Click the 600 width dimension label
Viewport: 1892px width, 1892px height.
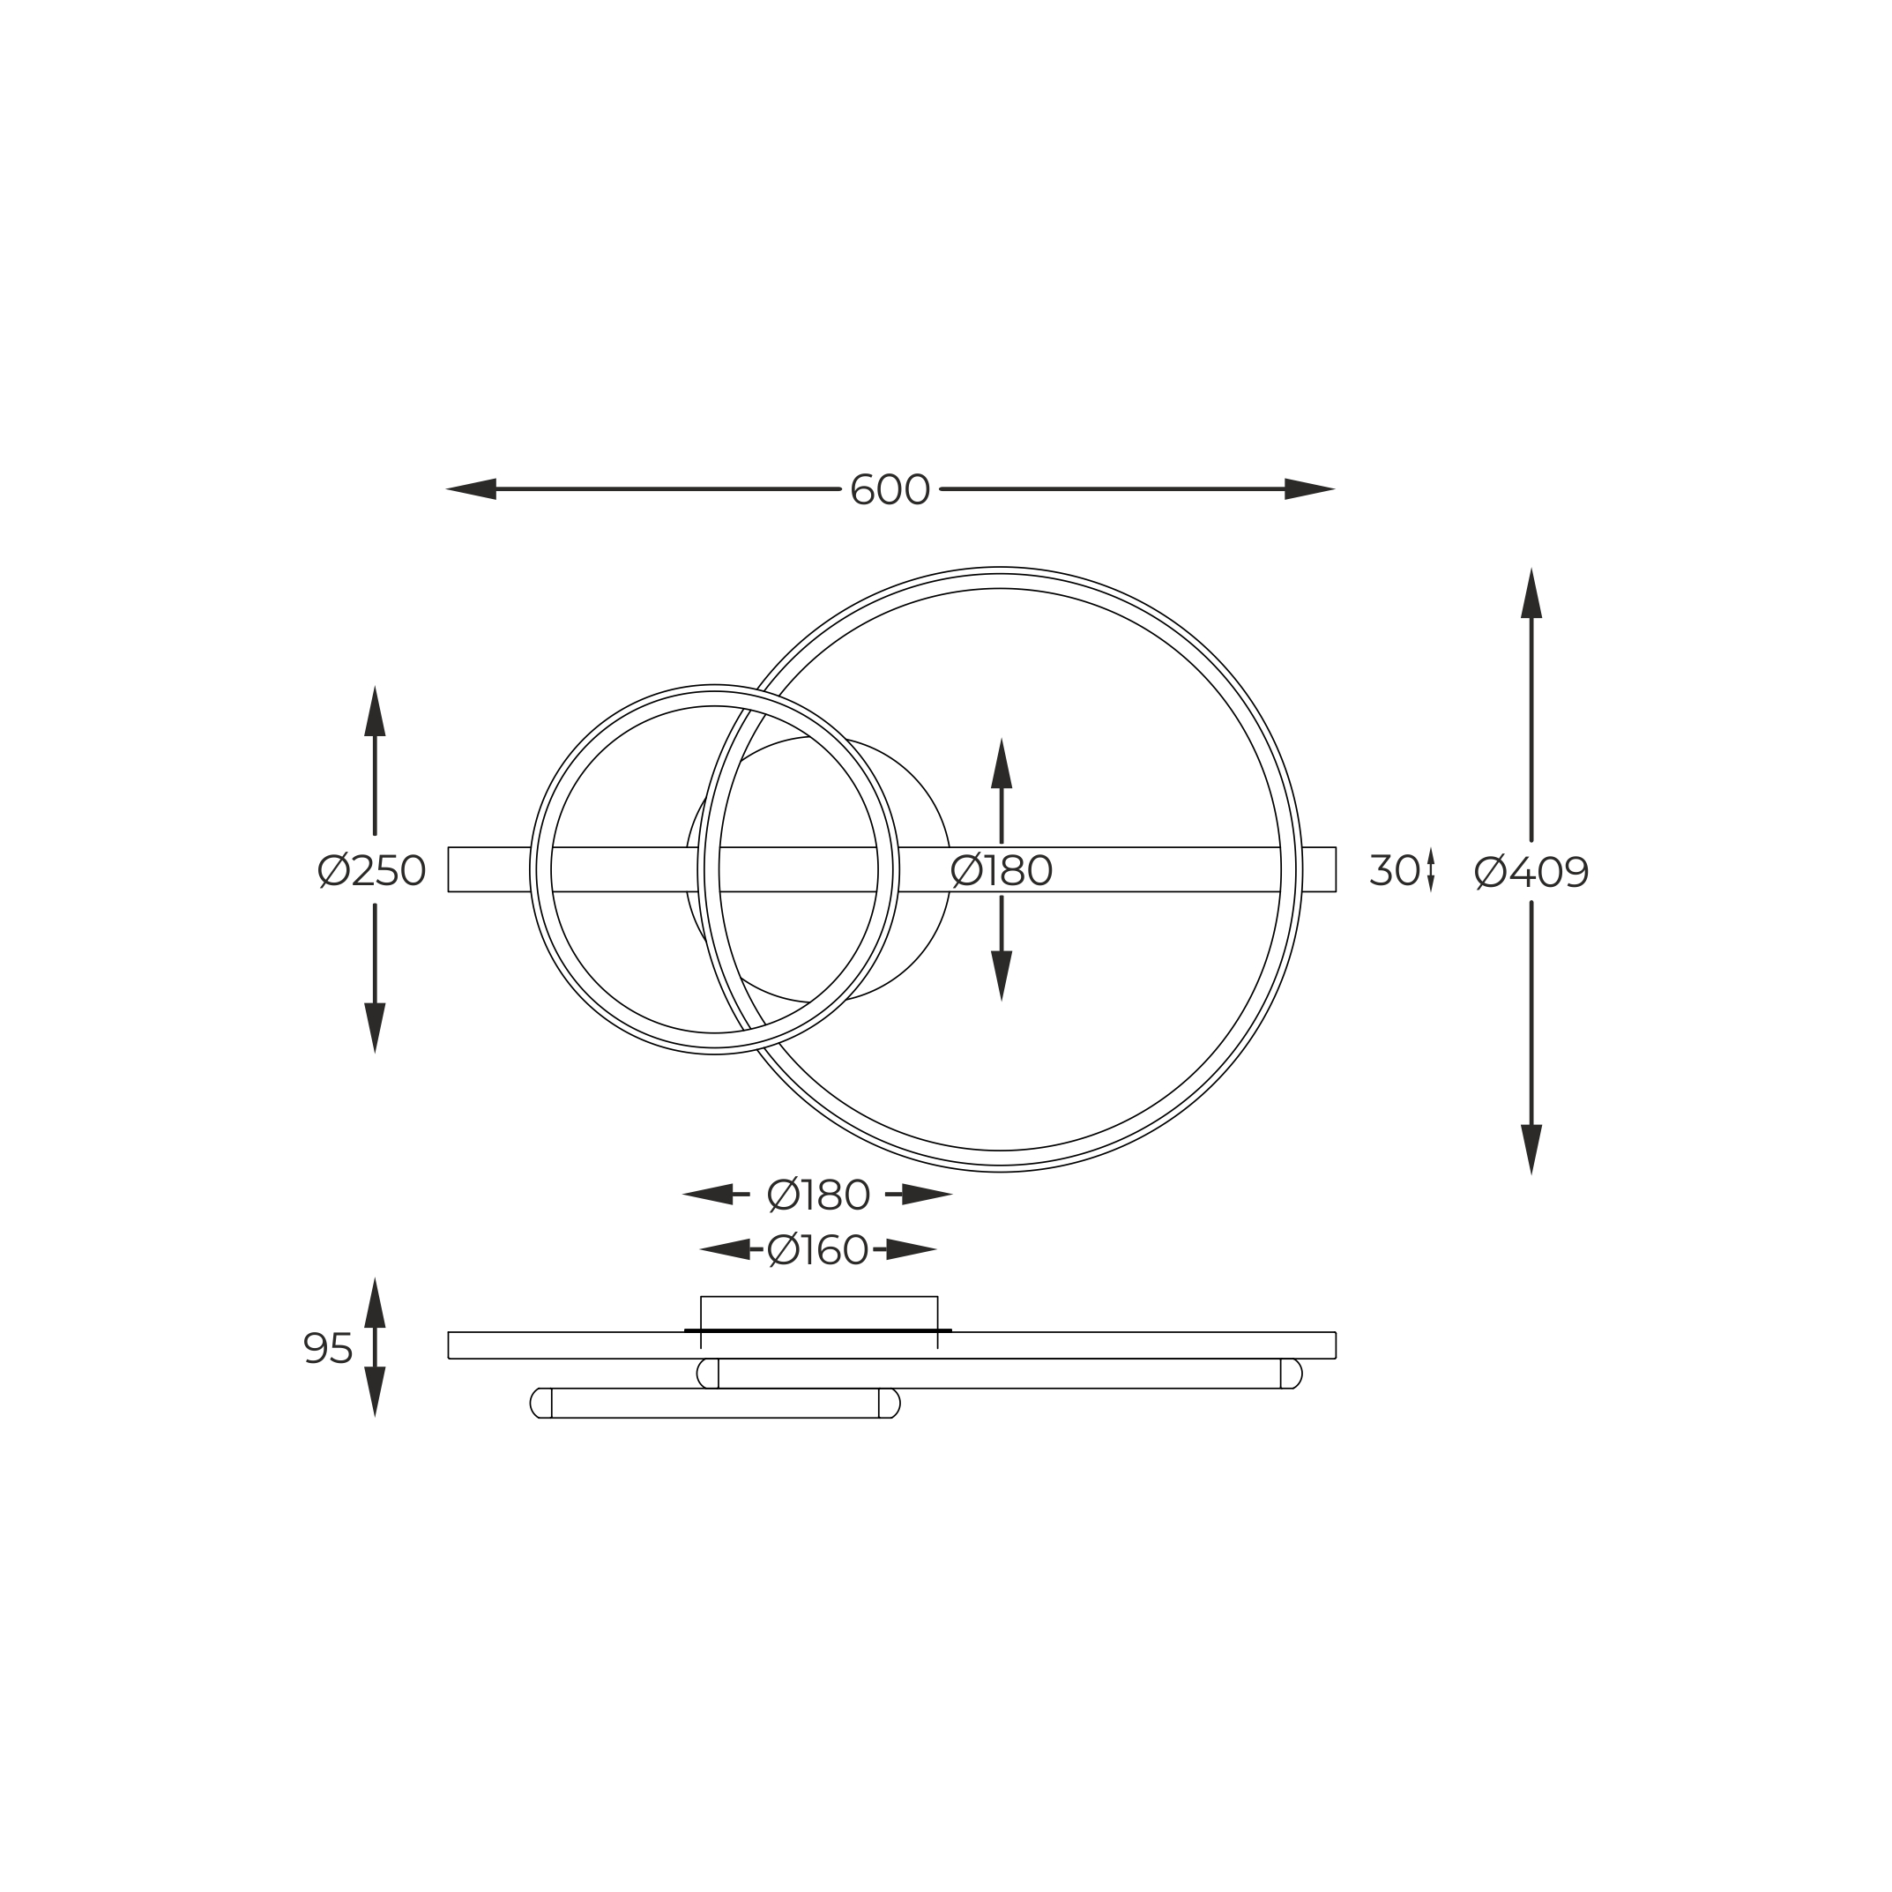pyautogui.click(x=890, y=489)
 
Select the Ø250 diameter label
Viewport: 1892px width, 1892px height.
pyautogui.click(x=372, y=870)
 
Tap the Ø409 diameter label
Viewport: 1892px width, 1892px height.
pyautogui.click(x=1531, y=872)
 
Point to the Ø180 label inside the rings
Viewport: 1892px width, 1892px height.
pyautogui.click(x=1001, y=870)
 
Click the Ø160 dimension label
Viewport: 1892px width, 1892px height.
pyautogui.click(x=817, y=1249)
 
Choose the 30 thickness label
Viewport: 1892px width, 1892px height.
pyautogui.click(x=1395, y=869)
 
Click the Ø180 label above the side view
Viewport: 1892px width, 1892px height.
pyautogui.click(x=817, y=1195)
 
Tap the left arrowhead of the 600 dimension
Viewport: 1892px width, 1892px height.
pyautogui.click(x=471, y=488)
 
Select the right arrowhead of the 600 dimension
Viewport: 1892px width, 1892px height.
pyautogui.click(x=1310, y=488)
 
